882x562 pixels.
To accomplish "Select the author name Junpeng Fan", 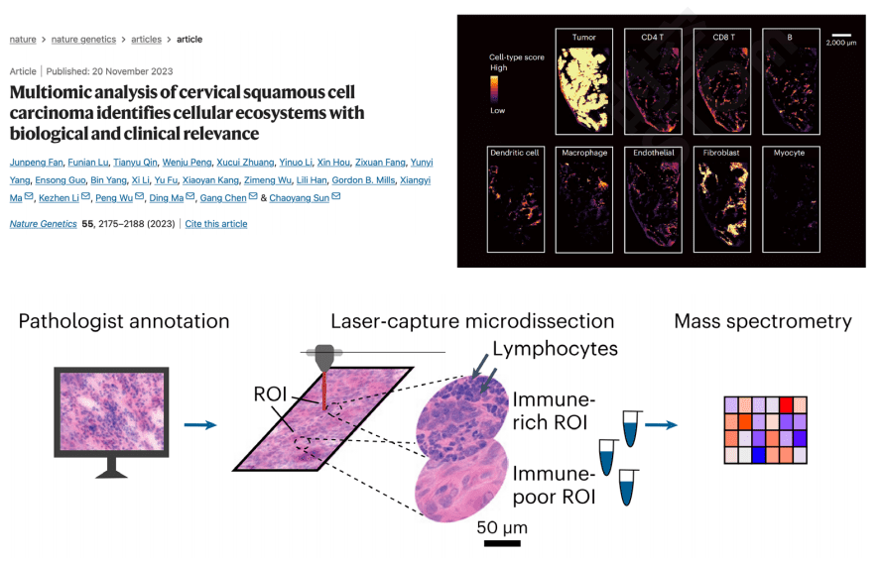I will tap(40, 162).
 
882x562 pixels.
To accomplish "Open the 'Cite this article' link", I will tap(216, 224).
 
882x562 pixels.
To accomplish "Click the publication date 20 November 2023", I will tap(132, 71).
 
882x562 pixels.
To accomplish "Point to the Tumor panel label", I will tap(583, 37).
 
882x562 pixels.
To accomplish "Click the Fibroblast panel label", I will tap(720, 155).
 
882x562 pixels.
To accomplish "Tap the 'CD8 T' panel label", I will tap(720, 37).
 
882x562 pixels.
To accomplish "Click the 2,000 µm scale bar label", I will tap(843, 44).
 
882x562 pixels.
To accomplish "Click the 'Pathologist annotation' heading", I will tap(124, 321).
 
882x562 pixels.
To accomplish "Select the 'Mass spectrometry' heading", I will tap(762, 321).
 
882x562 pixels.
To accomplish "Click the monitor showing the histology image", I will tap(111, 414).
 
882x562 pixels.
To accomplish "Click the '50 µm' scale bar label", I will tap(501, 526).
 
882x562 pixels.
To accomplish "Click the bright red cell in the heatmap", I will tap(786, 404).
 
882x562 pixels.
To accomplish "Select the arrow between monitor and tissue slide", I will tap(200, 425).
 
